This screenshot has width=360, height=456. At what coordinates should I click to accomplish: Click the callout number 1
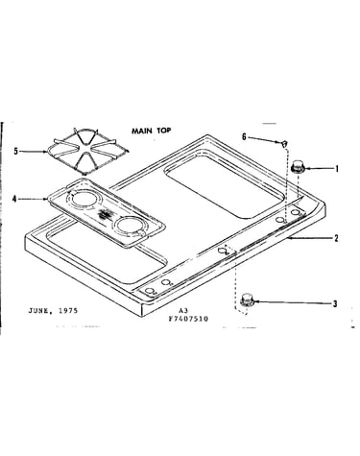pos(336,168)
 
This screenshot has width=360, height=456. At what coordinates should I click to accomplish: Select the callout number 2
pos(336,238)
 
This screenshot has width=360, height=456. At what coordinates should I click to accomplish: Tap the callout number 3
pos(335,303)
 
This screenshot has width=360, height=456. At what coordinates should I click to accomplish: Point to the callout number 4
pos(14,199)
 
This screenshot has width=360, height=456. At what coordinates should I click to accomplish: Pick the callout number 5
pos(15,151)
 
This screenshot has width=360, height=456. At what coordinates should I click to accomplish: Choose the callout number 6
pos(244,137)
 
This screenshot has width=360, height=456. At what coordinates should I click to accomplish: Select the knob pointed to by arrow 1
pos(298,167)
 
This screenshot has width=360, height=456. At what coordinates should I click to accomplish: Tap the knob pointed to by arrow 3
pos(247,300)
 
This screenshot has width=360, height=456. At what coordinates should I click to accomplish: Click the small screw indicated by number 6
pos(284,143)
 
